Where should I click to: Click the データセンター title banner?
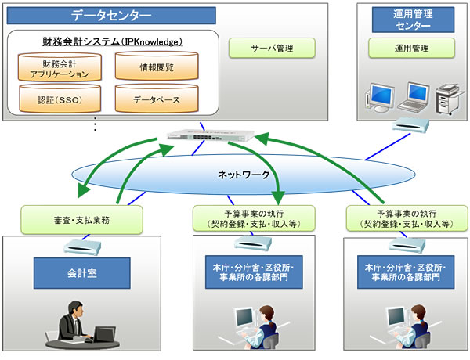click(111, 15)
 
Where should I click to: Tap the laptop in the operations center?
click(416, 96)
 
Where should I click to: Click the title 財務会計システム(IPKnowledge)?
click(112, 41)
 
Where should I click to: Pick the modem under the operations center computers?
click(408, 126)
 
